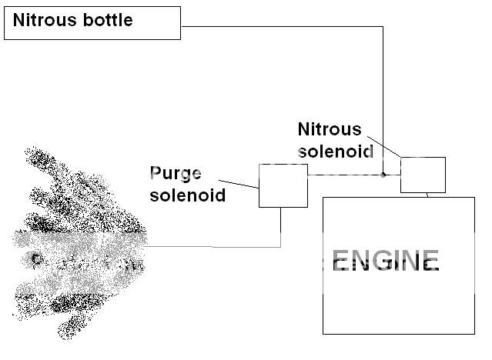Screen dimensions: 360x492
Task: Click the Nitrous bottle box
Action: (92, 23)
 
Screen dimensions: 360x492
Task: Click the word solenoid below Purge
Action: (187, 195)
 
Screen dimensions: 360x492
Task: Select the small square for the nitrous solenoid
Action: (423, 175)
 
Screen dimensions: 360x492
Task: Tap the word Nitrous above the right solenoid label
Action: (329, 129)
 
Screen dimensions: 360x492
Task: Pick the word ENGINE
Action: (385, 262)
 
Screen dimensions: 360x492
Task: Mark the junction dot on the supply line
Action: (383, 175)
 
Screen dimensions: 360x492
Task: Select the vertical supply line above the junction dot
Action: (383, 100)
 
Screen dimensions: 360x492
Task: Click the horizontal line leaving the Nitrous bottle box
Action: (281, 27)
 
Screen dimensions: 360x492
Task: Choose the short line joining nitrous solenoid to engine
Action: (427, 195)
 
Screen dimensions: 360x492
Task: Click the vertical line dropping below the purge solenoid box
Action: (281, 227)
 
